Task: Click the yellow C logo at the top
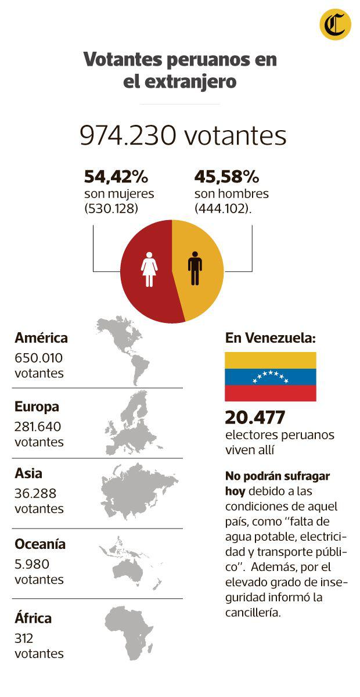(335, 24)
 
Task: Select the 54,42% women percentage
(116, 176)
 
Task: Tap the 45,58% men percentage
(226, 176)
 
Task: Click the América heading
(41, 338)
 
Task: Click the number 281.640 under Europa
(38, 426)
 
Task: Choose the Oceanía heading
(40, 544)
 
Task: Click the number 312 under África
(24, 638)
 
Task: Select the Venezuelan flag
(271, 376)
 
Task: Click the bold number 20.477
(255, 417)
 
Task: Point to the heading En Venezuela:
(271, 338)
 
